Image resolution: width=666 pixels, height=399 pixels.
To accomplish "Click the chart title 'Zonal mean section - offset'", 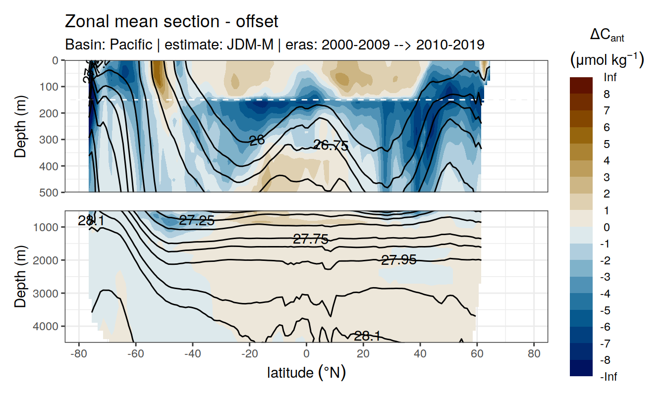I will point(171,22).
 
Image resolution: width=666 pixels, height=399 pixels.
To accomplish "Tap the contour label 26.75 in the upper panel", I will point(331,146).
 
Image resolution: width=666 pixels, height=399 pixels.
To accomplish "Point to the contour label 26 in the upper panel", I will point(257,141).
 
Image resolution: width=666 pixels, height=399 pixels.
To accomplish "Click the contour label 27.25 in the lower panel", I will point(197,221).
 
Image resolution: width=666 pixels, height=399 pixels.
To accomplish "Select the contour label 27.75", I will point(311,240).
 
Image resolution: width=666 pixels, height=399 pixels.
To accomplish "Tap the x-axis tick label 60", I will point(477,354).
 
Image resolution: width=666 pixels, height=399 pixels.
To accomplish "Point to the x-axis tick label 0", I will point(307,354).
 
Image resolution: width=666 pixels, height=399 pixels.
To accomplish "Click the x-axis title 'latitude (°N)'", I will point(306,372).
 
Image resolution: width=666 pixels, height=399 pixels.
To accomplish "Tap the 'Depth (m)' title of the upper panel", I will point(20,126).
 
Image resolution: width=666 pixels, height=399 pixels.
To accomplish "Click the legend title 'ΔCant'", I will point(607,35).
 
